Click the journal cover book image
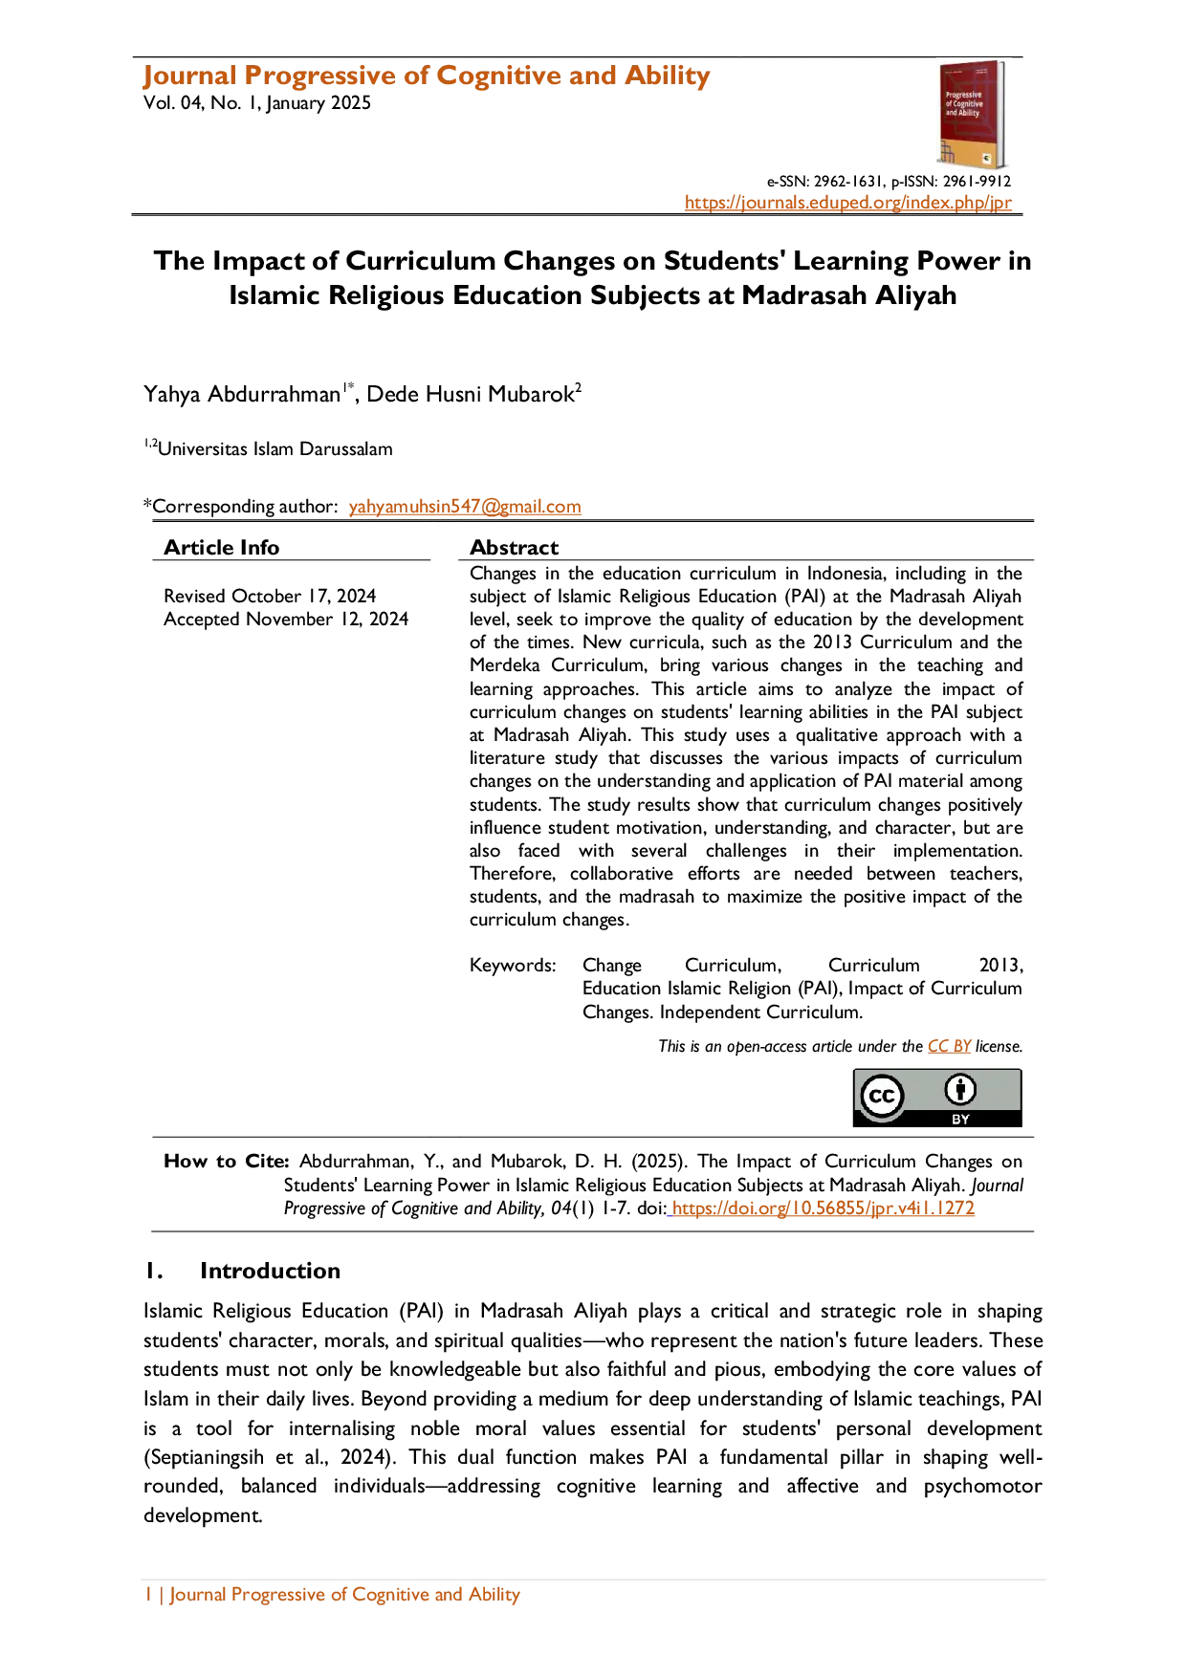[x=972, y=115]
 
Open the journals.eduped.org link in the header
[x=848, y=203]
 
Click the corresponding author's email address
[x=465, y=507]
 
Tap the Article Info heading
[x=221, y=547]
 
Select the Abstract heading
[x=514, y=547]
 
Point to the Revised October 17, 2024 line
[x=270, y=596]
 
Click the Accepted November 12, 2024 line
[x=286, y=619]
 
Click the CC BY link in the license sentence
[x=949, y=1046]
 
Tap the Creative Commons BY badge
[x=937, y=1098]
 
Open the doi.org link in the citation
[x=823, y=1208]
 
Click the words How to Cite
[x=227, y=1161]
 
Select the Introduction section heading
[x=270, y=1271]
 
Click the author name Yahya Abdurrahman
[x=242, y=394]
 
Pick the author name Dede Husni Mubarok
[x=470, y=394]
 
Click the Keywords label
[x=513, y=966]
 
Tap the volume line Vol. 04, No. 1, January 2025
[x=257, y=103]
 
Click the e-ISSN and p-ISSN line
[x=889, y=182]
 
